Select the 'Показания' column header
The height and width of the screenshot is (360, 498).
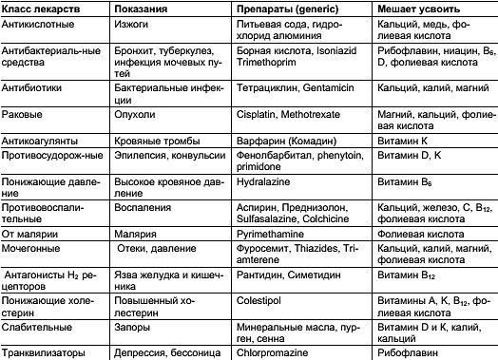140,8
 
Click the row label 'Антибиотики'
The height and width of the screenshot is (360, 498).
32,85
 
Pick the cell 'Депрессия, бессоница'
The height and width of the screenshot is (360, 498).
166,351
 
